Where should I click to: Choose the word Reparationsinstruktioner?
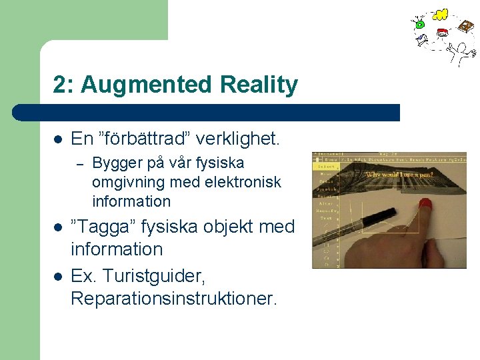click(x=173, y=298)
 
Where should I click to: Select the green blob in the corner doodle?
click(x=420, y=24)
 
